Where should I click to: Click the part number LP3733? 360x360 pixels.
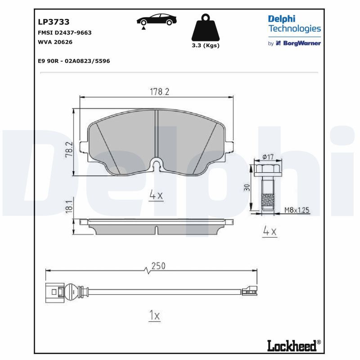(54, 22)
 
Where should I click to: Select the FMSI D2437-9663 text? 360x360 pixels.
(64, 32)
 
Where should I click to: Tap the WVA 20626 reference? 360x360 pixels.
(55, 42)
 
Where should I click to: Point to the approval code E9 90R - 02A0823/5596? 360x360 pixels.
(74, 61)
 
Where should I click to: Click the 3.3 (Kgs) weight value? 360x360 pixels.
(206, 45)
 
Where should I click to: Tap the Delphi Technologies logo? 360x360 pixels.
(294, 24)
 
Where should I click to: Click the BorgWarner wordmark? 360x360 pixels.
(301, 43)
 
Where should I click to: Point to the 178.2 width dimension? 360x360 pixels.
(159, 92)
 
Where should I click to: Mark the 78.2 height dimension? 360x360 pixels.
(69, 149)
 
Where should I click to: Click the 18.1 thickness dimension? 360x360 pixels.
(69, 207)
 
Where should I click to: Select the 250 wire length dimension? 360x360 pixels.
(158, 266)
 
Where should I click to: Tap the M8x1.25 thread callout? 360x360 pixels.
(297, 210)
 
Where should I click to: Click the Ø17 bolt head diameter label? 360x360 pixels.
(268, 157)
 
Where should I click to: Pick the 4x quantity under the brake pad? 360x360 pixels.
(156, 195)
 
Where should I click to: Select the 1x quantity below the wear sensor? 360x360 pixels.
(154, 315)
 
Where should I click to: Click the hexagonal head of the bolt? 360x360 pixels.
(268, 171)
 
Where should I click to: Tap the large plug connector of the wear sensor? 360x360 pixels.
(54, 292)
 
